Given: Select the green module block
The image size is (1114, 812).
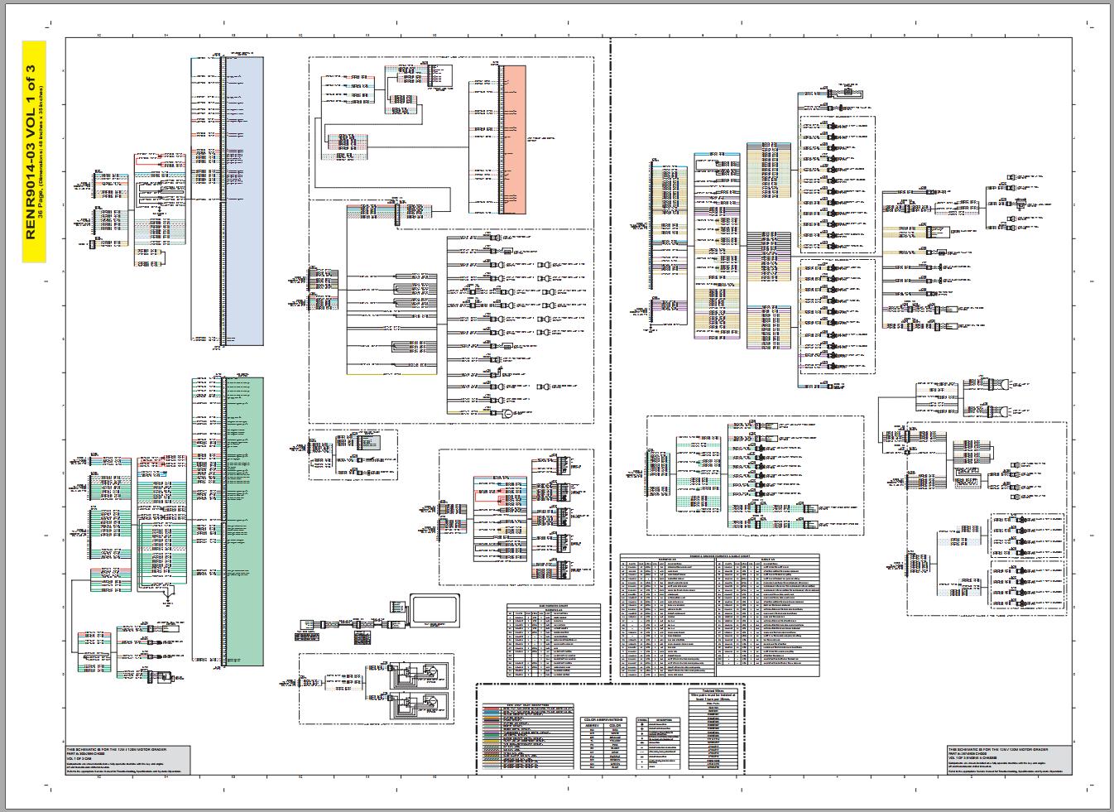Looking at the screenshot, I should pyautogui.click(x=245, y=521).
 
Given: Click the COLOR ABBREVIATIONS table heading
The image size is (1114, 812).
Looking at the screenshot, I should pyautogui.click(x=603, y=719).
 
